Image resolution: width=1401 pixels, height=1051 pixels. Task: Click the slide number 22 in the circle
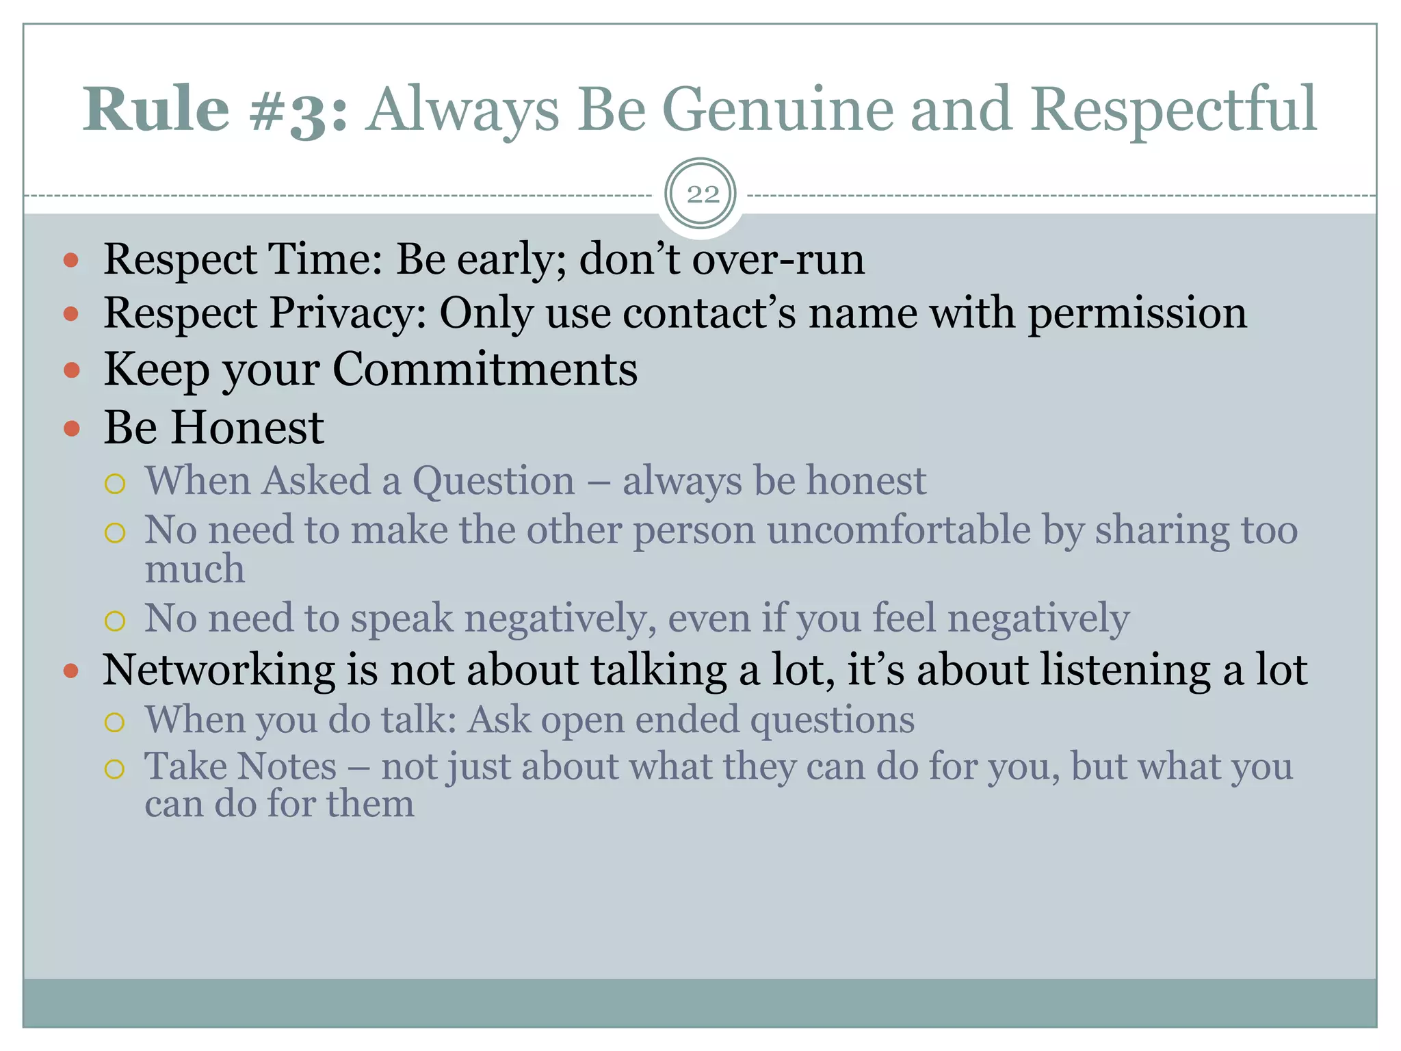point(702,195)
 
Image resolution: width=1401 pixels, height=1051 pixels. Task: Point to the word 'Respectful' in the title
point(1173,109)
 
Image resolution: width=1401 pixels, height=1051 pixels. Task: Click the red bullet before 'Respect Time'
point(71,261)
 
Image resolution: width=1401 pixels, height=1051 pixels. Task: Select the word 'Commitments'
point(484,369)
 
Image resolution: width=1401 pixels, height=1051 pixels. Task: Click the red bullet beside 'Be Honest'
point(71,429)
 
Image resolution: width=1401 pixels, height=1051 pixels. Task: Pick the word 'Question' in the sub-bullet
point(493,480)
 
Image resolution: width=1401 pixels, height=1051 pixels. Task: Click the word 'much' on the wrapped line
point(195,569)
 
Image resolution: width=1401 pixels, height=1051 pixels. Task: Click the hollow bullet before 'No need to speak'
point(115,621)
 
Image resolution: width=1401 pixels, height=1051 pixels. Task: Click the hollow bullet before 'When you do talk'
point(115,722)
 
